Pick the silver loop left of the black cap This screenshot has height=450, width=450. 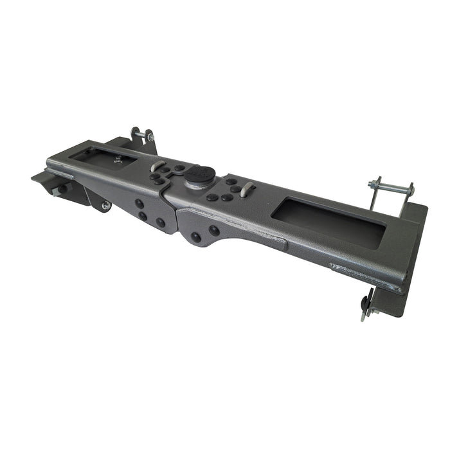pyautogui.click(x=156, y=165)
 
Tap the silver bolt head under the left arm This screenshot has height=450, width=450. pyautogui.click(x=105, y=206)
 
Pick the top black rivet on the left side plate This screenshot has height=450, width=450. pyautogui.click(x=139, y=203)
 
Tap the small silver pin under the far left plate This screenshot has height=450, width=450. pyautogui.click(x=57, y=191)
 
